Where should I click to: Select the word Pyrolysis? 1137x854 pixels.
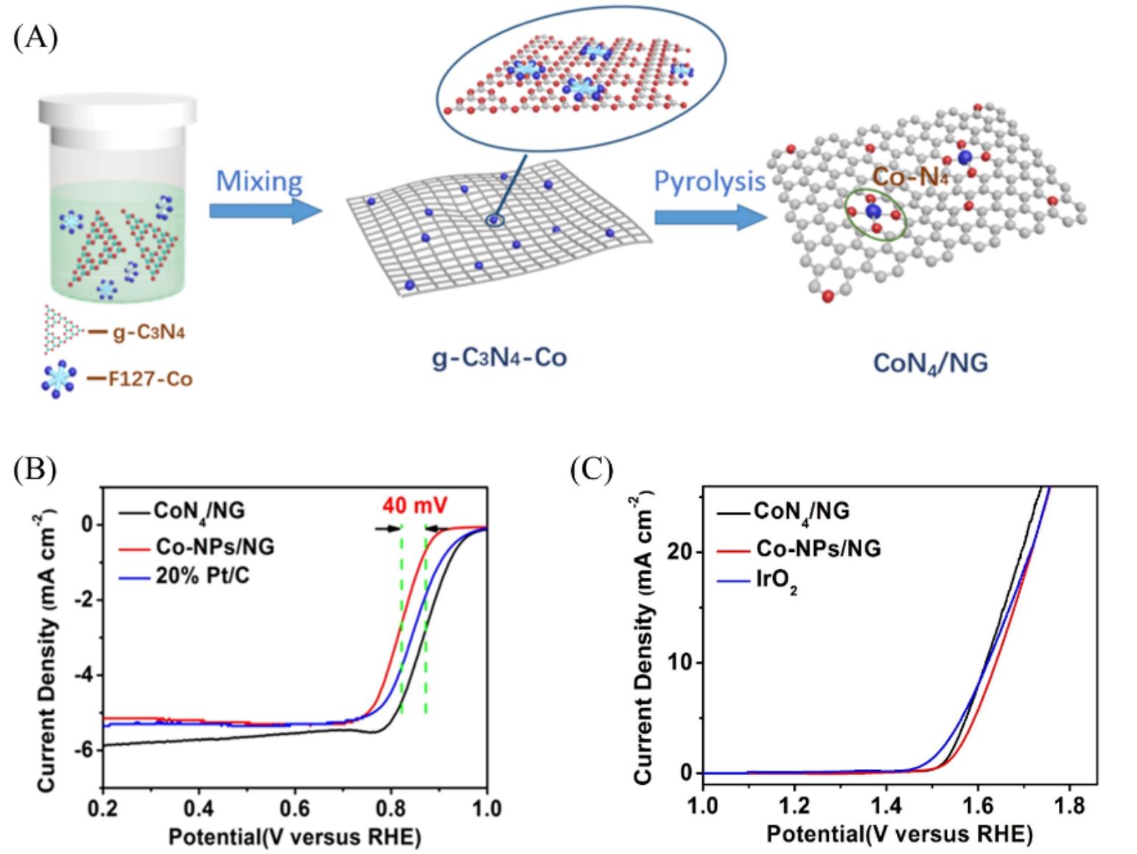click(709, 181)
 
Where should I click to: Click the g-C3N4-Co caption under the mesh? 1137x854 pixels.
click(498, 359)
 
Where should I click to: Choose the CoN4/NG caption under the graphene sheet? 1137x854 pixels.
click(930, 363)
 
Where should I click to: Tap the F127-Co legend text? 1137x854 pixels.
click(150, 380)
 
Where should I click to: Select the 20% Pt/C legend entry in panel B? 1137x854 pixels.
click(201, 575)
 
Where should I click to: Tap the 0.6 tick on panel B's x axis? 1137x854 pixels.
click(295, 808)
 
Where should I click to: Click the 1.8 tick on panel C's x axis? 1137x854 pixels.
click(1069, 806)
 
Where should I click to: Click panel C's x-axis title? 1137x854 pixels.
click(899, 834)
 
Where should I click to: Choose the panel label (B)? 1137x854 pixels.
click(35, 469)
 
